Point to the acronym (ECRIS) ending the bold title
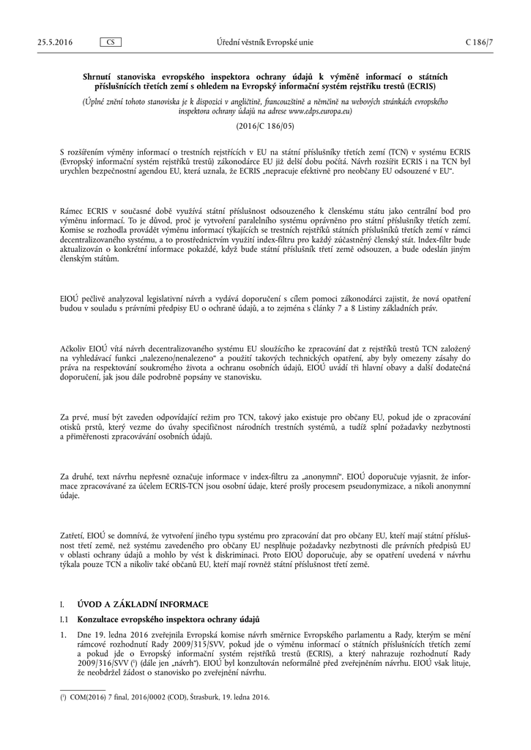433,86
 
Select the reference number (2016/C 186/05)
265,126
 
